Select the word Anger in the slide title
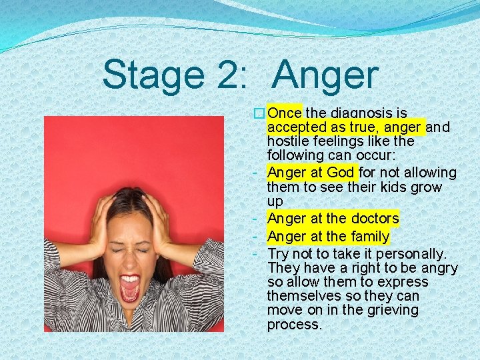tap(325, 75)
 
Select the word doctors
tap(374, 218)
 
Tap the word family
tap(366, 236)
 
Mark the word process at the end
tap(294, 325)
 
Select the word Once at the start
tap(285, 113)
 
